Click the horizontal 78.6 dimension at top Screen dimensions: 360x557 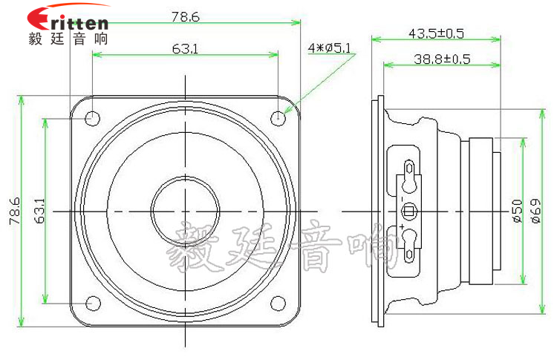pos(185,16)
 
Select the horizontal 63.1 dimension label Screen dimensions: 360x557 pos(185,49)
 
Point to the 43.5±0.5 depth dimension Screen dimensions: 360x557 pos(436,33)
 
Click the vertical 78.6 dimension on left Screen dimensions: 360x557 pos(13,211)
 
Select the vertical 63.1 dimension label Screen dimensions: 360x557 pos(39,211)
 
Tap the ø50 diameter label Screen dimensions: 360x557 pos(517,211)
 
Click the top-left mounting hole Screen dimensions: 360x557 pos(93,117)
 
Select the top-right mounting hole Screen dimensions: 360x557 pos(278,117)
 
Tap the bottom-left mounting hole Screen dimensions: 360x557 pos(93,303)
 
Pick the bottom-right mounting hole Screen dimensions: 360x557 pos(278,303)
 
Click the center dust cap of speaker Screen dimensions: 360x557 pos(185,211)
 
